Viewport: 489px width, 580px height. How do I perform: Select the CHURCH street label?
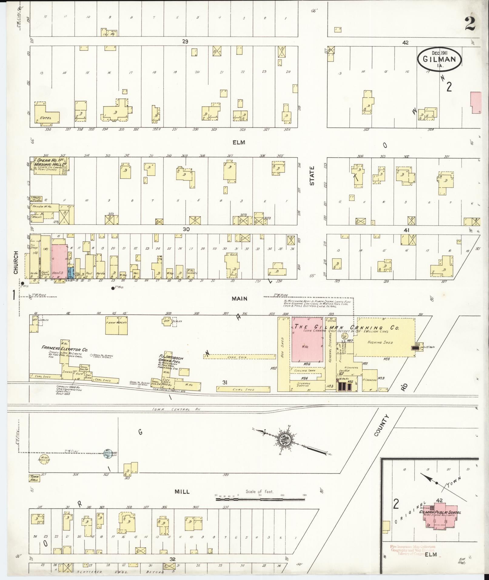pos(16,263)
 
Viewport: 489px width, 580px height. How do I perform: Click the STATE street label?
pos(312,176)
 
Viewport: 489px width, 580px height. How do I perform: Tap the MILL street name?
pos(182,491)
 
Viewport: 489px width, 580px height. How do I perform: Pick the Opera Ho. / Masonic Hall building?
pos(50,165)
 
